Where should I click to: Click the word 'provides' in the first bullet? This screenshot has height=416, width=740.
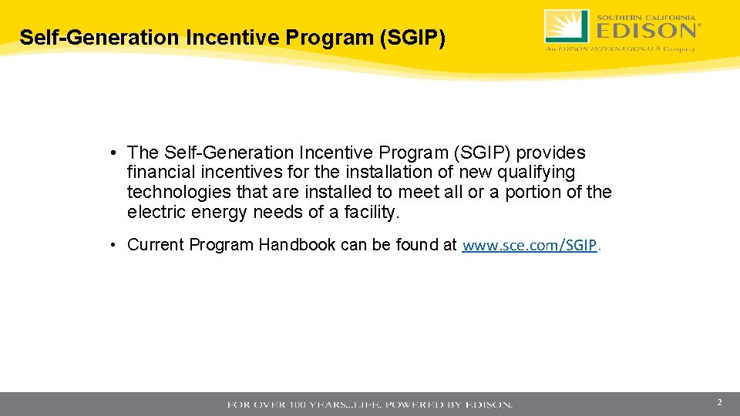[551, 153]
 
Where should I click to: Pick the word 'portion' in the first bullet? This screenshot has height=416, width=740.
[534, 192]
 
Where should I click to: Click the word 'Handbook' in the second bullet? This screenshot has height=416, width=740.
[297, 245]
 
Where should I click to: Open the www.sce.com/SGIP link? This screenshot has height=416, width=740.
[530, 246]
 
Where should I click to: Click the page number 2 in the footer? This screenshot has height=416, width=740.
[719, 403]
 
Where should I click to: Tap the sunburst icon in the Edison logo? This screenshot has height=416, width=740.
[567, 26]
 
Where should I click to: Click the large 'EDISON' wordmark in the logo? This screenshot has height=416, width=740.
[646, 30]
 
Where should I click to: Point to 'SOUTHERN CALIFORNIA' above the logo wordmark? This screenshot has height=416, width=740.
[646, 15]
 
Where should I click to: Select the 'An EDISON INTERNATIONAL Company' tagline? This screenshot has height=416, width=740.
[621, 48]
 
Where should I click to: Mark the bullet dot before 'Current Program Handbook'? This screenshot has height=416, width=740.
[113, 245]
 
